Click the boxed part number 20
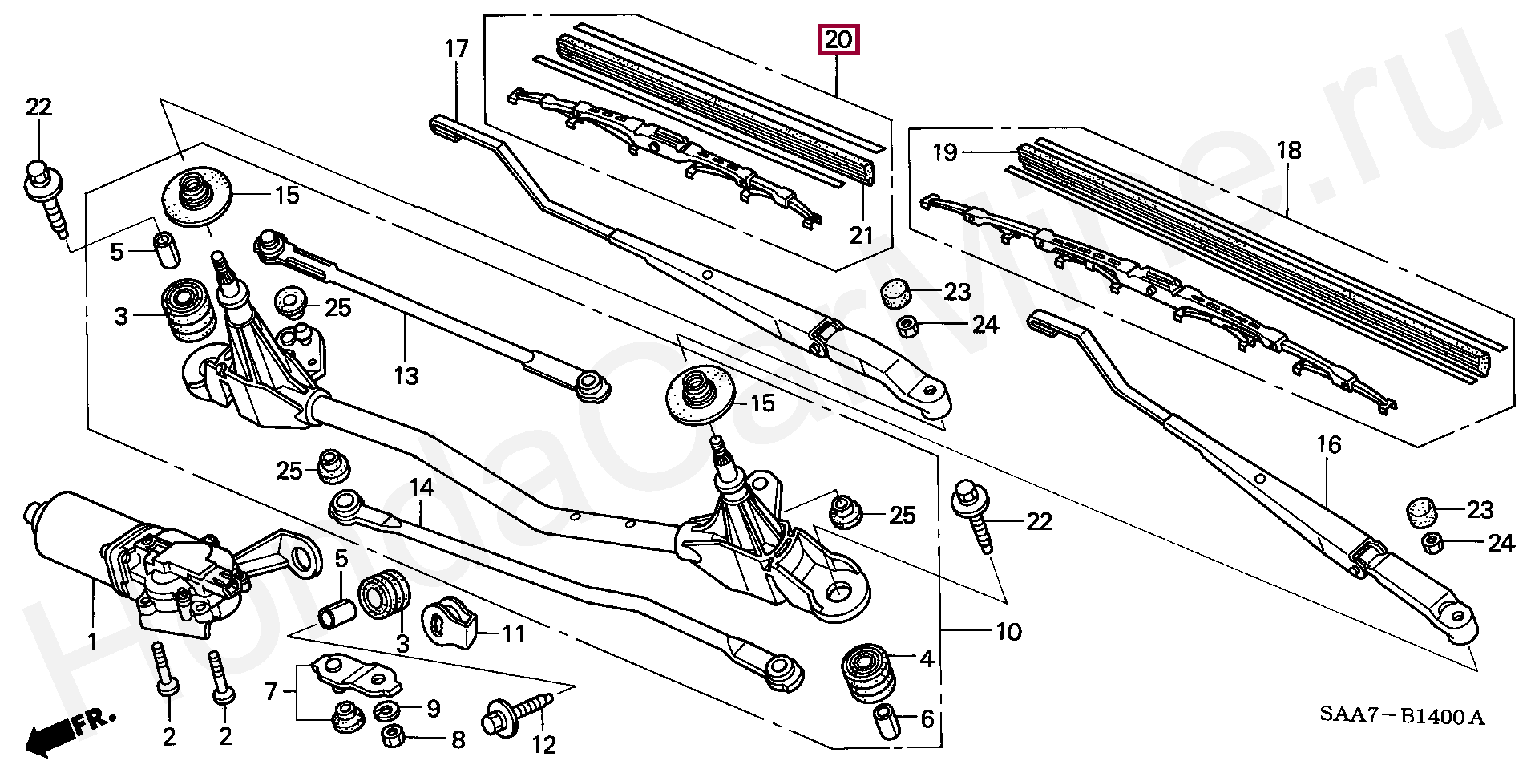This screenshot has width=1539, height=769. pyautogui.click(x=838, y=39)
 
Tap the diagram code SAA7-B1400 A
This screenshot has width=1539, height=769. pyautogui.click(x=1402, y=716)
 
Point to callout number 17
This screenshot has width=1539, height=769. pyautogui.click(x=456, y=50)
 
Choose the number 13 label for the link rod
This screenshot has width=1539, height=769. pyautogui.click(x=406, y=375)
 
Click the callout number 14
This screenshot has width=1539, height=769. pyautogui.click(x=422, y=487)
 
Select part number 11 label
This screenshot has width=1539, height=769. pyautogui.click(x=513, y=634)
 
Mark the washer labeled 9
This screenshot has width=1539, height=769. pyautogui.click(x=390, y=709)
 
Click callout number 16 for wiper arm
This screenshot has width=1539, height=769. pyautogui.click(x=1328, y=444)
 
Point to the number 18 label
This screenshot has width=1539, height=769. pyautogui.click(x=1289, y=151)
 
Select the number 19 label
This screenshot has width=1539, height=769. pyautogui.click(x=945, y=152)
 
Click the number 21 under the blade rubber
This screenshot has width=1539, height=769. pyautogui.click(x=861, y=235)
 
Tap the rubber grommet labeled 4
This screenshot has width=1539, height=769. pyautogui.click(x=868, y=670)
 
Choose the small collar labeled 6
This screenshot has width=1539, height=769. pyautogui.click(x=885, y=720)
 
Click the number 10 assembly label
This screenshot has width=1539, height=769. pyautogui.click(x=1008, y=632)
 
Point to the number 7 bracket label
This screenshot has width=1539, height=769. pyautogui.click(x=271, y=691)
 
